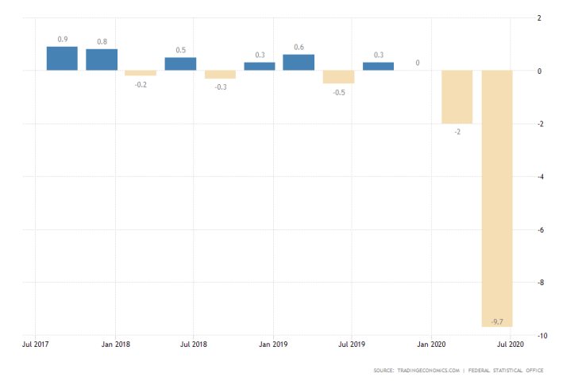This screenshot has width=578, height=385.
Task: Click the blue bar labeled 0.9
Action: coord(62,59)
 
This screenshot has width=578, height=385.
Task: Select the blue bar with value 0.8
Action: coord(102,60)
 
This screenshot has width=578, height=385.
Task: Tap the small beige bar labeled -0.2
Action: coord(141,73)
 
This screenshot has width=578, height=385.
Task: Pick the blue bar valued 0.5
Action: coord(180,64)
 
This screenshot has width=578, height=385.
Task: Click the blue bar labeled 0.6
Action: coord(299,63)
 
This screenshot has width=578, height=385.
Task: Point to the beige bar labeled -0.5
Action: coord(338,77)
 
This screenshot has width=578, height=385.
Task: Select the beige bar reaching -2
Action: coord(457,97)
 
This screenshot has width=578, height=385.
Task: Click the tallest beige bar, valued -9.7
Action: coord(497,198)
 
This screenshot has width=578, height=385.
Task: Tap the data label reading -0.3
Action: coord(220,87)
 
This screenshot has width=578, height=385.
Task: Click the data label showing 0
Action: coord(418,63)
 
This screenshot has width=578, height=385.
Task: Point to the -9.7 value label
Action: coord(497,321)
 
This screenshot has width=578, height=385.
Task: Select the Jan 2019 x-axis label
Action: coord(273,345)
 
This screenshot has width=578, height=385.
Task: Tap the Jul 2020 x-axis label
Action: coord(511,345)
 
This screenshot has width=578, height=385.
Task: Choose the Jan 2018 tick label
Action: coord(115,345)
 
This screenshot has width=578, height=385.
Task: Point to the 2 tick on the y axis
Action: coord(539,18)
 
